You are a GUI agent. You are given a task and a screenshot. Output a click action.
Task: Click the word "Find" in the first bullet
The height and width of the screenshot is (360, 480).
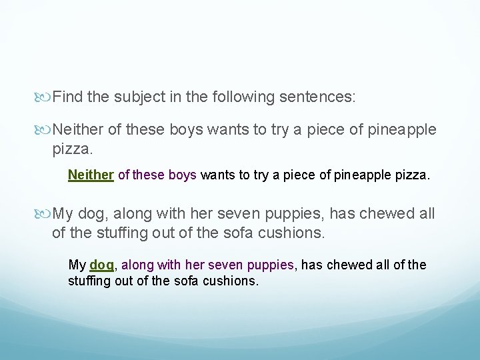(67, 97)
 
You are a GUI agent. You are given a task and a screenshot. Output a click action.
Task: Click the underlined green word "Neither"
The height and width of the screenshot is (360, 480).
(91, 175)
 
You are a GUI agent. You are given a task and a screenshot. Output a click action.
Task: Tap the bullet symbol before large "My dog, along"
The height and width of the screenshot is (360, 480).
(45, 215)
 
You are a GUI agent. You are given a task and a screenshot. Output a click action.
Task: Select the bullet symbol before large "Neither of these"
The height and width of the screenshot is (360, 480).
(45, 129)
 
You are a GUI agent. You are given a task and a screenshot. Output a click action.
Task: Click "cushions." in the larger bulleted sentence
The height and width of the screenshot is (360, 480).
(292, 233)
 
